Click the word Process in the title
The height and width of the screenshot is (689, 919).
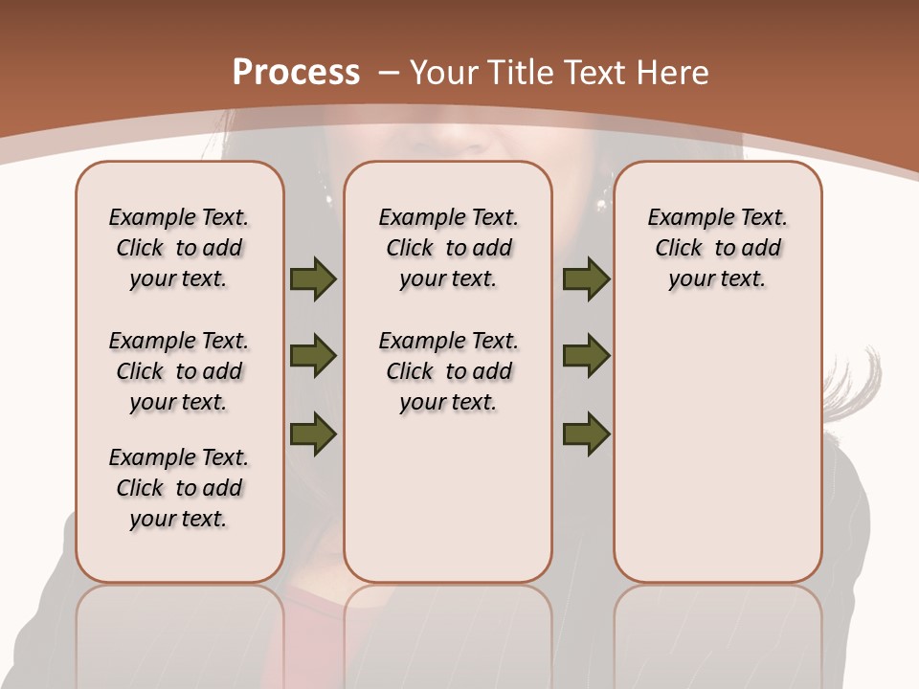point(296,72)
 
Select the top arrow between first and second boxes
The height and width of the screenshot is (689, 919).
point(313,279)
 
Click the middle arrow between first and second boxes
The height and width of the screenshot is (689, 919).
point(313,356)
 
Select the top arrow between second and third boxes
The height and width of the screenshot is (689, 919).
point(586,279)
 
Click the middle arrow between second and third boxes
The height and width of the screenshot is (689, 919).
point(586,356)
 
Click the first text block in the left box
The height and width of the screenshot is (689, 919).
point(179,248)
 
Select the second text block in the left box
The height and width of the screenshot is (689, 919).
point(179,371)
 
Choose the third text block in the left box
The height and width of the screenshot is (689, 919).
point(179,488)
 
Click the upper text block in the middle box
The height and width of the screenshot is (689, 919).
point(448,248)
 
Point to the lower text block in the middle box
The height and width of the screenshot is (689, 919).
point(448,371)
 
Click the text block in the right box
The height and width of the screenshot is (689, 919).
point(717,248)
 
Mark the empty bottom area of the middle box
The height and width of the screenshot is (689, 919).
point(448,507)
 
